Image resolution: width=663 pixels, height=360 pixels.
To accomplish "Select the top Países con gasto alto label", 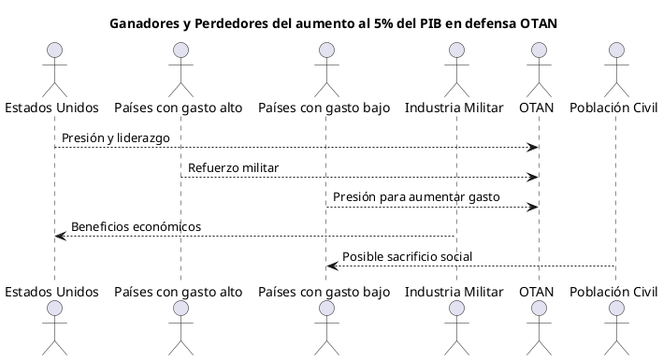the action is [179, 108].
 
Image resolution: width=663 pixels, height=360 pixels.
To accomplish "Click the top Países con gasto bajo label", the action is [324, 108].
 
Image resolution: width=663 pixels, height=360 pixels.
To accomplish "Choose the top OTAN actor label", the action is [537, 108].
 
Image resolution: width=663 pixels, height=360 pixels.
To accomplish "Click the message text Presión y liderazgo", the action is [115, 138].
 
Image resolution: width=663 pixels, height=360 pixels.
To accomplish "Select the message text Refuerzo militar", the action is [233, 168].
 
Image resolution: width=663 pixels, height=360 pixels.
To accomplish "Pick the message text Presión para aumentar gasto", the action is [415, 198].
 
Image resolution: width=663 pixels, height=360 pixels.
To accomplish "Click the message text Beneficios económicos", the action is [136, 227].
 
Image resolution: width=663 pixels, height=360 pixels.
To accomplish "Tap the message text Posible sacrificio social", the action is [407, 257].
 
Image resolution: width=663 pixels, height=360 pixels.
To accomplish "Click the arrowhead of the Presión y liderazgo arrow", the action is [533, 147].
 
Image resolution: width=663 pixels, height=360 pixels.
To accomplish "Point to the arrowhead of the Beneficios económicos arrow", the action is [60, 237].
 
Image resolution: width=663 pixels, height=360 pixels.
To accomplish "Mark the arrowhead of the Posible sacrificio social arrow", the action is [331, 266].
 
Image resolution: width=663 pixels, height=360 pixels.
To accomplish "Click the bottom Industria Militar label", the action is [455, 292].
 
